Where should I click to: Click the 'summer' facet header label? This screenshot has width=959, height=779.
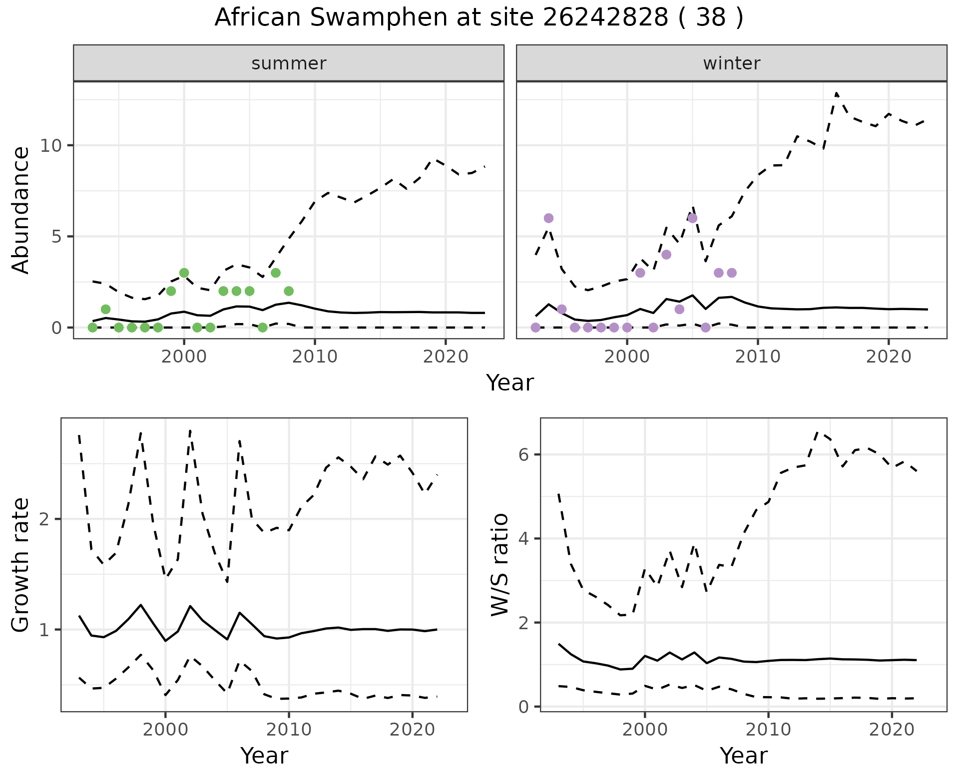click(x=289, y=63)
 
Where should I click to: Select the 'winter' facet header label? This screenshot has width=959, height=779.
click(x=731, y=63)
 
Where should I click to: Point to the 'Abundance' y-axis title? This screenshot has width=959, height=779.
click(x=21, y=210)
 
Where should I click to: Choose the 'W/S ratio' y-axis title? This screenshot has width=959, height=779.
click(x=499, y=564)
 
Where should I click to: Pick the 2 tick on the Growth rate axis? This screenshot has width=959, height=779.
click(x=44, y=519)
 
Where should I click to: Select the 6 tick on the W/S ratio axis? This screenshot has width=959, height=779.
click(x=523, y=455)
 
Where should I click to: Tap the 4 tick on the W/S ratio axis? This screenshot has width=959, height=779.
click(x=523, y=539)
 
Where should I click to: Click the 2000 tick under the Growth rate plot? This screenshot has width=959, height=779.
click(x=165, y=730)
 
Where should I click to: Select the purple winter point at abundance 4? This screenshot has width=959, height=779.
click(x=666, y=255)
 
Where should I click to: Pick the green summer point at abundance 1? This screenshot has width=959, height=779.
click(x=105, y=309)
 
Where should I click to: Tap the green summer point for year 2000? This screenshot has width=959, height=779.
click(x=184, y=273)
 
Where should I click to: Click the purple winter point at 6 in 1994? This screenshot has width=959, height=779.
click(x=548, y=218)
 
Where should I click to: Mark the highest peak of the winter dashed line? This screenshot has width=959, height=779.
click(x=836, y=93)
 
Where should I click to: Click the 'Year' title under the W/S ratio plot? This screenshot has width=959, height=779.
click(x=743, y=756)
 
